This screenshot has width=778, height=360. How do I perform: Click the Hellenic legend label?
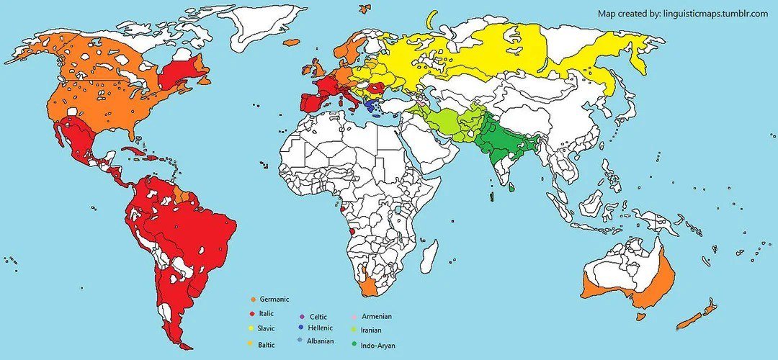[x=322, y=328]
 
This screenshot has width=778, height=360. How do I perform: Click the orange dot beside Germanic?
[x=253, y=299]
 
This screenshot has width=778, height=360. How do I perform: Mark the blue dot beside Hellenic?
[x=300, y=328]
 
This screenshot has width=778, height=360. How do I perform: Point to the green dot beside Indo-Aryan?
[x=354, y=344]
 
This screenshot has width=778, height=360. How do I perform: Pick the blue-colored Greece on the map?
[x=371, y=107]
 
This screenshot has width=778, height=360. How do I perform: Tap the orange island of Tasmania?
[x=641, y=315]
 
